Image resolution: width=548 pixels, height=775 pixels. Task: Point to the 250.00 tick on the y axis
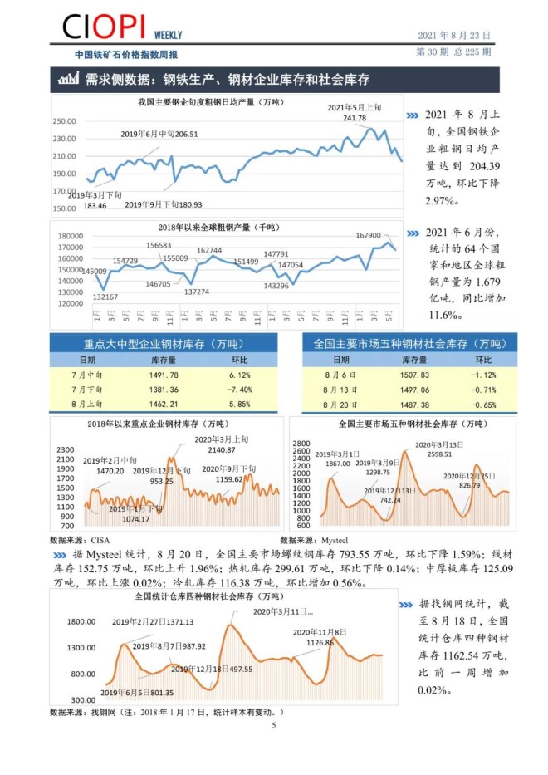click(64, 120)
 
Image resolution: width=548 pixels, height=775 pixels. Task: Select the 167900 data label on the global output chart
click(368, 235)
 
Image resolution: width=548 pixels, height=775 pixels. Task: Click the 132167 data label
click(105, 297)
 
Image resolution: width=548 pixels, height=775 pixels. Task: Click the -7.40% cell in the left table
click(240, 390)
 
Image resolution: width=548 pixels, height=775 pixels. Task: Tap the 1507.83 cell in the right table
click(414, 375)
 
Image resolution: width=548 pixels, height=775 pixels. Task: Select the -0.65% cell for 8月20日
click(483, 404)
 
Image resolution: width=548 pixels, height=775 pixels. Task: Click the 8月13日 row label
click(340, 390)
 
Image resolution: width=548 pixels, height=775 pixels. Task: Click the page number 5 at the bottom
click(273, 725)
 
